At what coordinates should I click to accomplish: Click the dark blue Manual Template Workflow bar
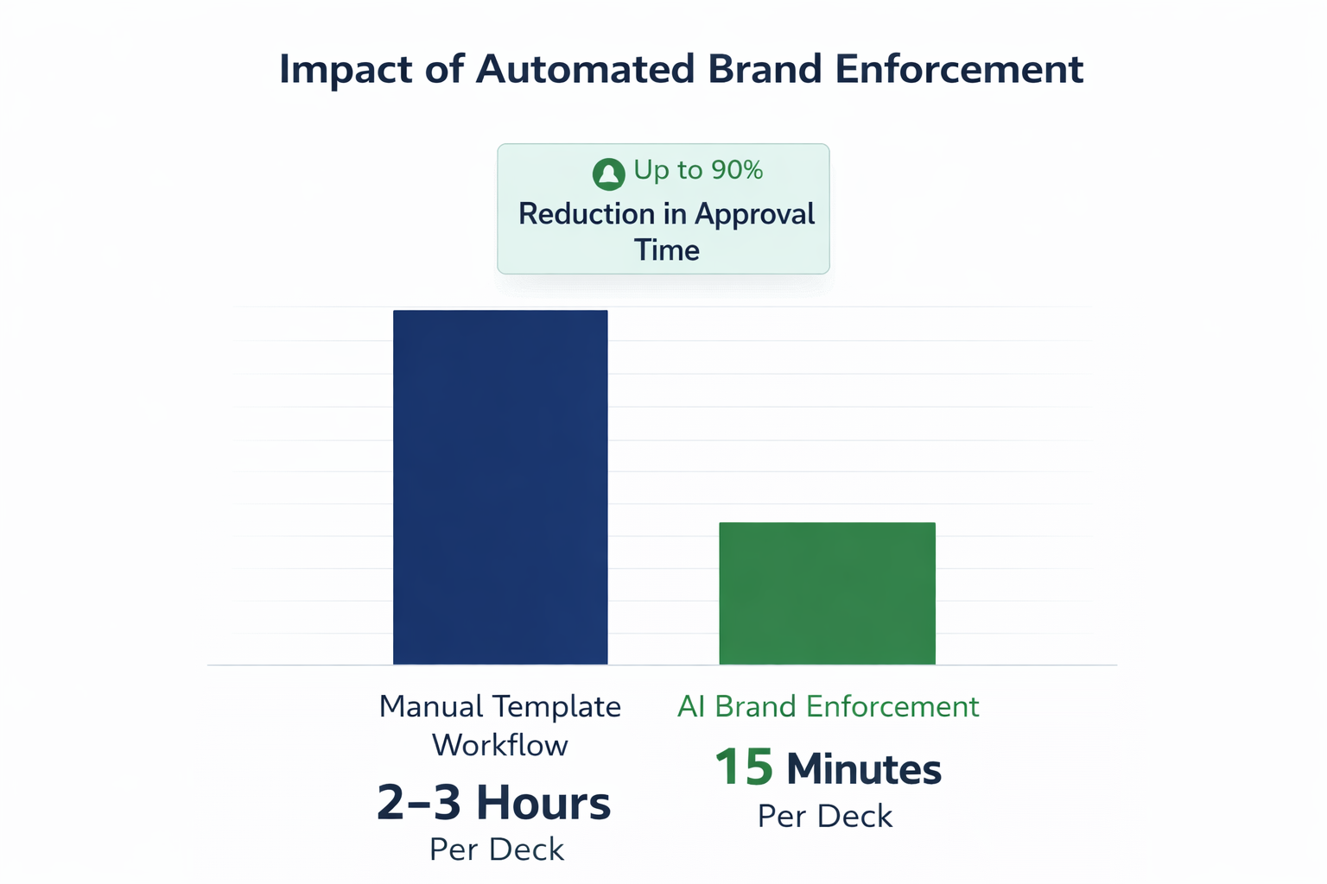pos(500,487)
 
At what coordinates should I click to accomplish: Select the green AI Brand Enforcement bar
pos(827,593)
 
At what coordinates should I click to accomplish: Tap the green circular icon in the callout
pos(608,174)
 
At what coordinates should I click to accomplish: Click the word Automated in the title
pos(585,69)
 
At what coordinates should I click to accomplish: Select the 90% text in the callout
pos(737,170)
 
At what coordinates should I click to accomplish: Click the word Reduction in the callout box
pos(587,214)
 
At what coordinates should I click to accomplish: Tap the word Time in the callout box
pos(666,250)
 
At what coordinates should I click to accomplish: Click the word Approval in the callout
pos(754,215)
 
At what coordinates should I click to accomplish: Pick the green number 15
pos(744,767)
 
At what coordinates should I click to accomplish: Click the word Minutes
pos(863,769)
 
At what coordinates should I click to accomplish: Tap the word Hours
pos(543,803)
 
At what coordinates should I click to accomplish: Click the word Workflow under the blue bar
pos(499,745)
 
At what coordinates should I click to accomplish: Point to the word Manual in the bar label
pos(431,707)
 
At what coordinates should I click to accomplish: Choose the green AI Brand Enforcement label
pos(828,707)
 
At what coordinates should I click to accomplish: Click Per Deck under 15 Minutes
pos(824,817)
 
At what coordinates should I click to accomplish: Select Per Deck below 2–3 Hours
pos(496,850)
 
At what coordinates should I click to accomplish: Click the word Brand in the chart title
pos(765,69)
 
